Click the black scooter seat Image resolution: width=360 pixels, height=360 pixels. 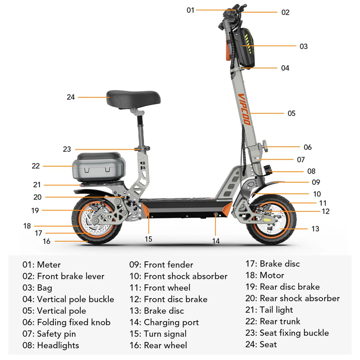tap(134, 99)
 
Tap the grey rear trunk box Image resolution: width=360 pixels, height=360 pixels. tap(99, 167)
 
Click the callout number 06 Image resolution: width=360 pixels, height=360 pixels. tap(308, 147)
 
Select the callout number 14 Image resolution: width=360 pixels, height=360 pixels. tap(216, 241)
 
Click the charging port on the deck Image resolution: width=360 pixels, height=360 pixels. tap(216, 214)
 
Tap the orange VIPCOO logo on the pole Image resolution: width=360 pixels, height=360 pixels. tap(244, 109)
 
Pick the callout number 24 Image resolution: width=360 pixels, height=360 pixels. tap(71, 97)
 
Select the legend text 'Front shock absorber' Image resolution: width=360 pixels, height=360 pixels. tap(186, 276)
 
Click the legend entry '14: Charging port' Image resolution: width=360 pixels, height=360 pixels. tap(164, 323)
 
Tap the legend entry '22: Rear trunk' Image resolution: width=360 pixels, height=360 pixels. tap(273, 321)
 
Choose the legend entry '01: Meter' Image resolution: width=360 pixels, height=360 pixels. tap(41, 265)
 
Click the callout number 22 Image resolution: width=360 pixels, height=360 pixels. tap(36, 166)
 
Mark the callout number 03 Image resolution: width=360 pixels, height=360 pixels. tap(303, 46)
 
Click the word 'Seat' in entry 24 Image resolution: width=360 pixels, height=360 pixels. tap(268, 345)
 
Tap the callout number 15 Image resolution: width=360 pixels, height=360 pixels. tap(149, 239)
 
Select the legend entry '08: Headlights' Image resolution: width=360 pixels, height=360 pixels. tap(51, 345)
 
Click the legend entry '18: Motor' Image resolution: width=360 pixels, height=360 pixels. tap(265, 275)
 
